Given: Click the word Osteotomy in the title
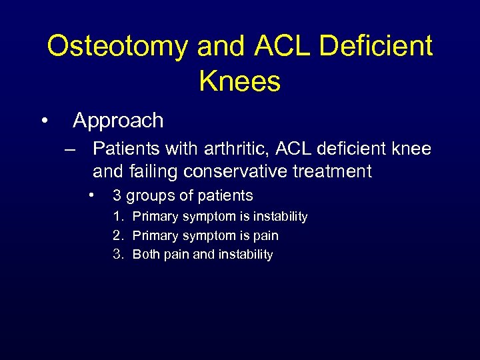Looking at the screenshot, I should click(x=117, y=47).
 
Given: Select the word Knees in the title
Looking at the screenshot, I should click(x=239, y=81).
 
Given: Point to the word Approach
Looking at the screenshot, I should click(x=118, y=121).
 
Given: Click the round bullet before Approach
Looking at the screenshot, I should click(x=43, y=121).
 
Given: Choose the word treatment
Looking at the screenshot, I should click(x=333, y=171).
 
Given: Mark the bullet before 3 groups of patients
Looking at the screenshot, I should click(x=91, y=195).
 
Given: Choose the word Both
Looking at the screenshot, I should click(x=146, y=254).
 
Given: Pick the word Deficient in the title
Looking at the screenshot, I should click(x=377, y=47).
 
